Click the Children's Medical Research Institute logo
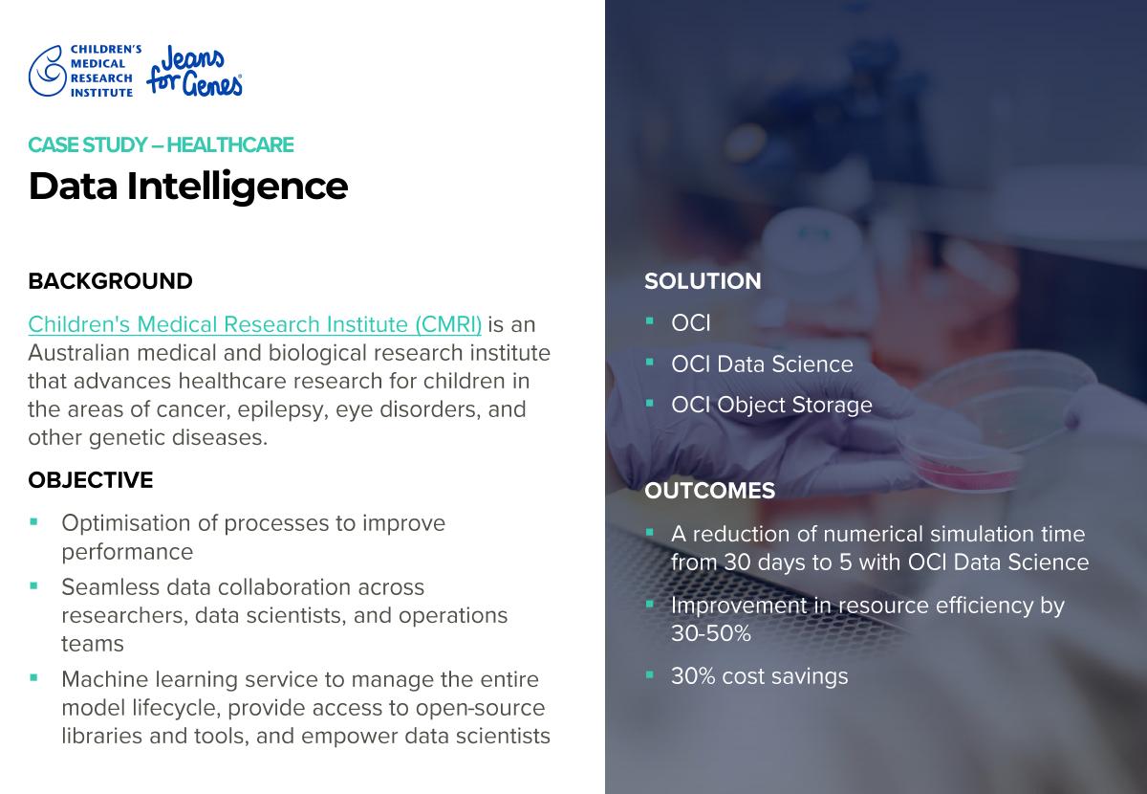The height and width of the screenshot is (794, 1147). (85, 71)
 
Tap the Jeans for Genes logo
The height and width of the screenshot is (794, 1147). (195, 71)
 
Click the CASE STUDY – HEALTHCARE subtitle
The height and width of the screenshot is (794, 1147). (161, 145)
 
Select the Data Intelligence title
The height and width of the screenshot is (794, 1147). (188, 187)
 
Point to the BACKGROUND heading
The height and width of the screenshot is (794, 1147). (110, 281)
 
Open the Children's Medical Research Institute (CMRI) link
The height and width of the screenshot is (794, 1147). (254, 324)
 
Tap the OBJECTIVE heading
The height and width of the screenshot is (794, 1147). (91, 480)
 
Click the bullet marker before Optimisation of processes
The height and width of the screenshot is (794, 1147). (33, 522)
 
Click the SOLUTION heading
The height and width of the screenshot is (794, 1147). (703, 281)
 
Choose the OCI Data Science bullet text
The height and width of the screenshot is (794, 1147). (762, 364)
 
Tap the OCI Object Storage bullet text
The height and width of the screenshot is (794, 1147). (771, 405)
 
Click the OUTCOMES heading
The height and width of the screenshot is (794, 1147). (709, 491)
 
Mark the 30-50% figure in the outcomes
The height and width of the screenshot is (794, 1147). (711, 634)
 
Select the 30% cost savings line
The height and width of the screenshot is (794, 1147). (759, 676)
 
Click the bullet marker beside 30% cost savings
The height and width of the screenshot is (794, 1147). (650, 674)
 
